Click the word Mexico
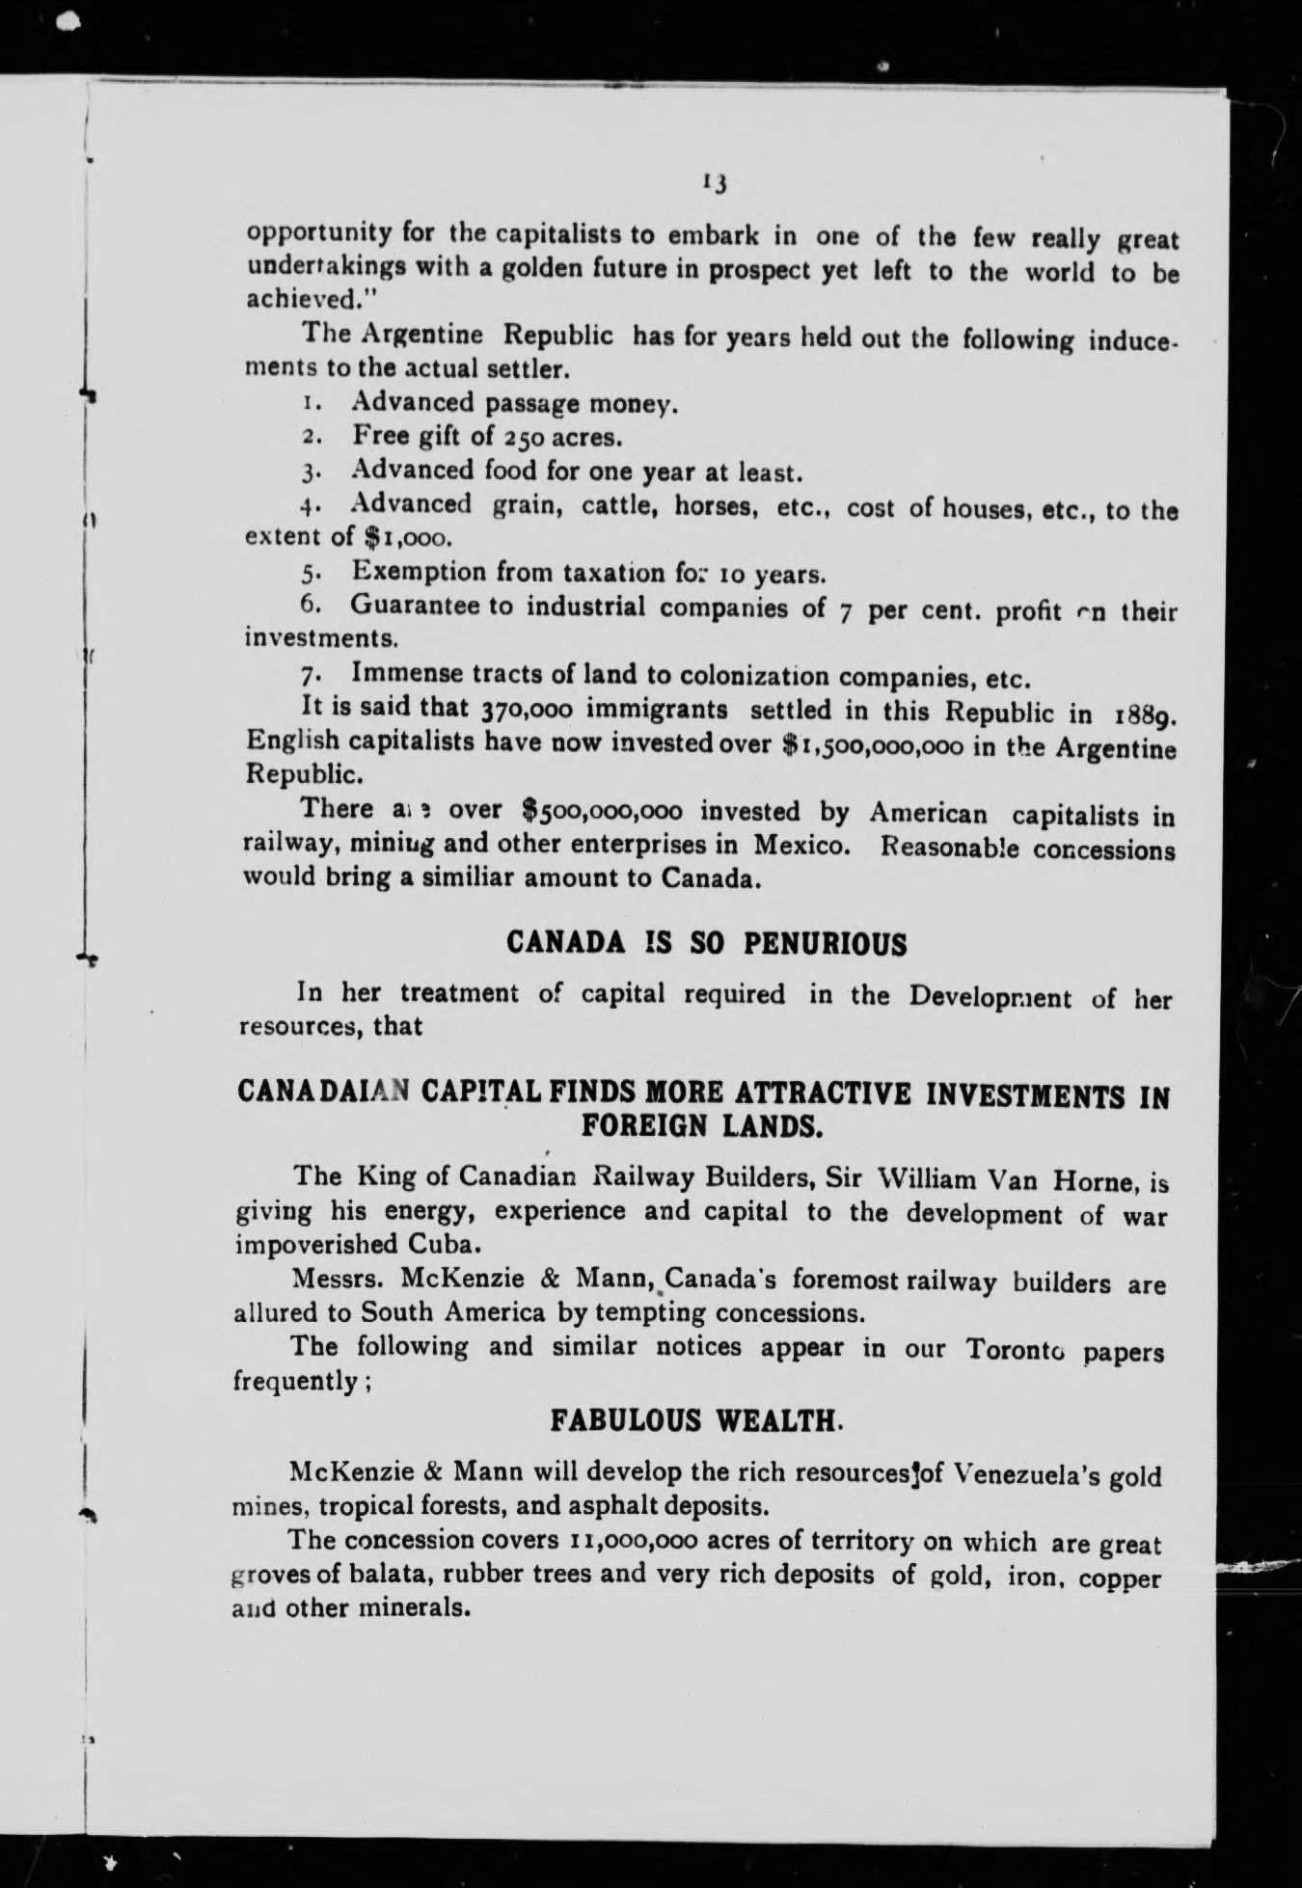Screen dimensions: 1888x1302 pyautogui.click(x=801, y=845)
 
